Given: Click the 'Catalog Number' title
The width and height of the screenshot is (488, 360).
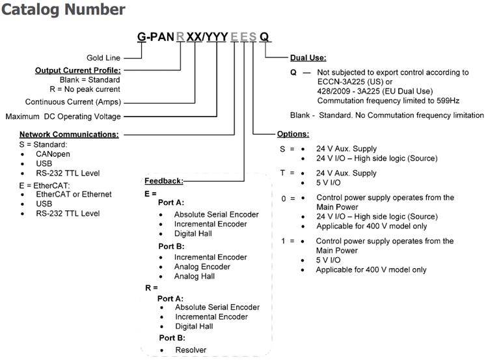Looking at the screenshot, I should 64,10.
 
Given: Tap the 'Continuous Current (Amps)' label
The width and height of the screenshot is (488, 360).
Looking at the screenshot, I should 73,102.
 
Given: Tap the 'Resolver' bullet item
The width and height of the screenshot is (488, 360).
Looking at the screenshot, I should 191,350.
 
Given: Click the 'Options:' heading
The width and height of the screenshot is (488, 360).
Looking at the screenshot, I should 293,134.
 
